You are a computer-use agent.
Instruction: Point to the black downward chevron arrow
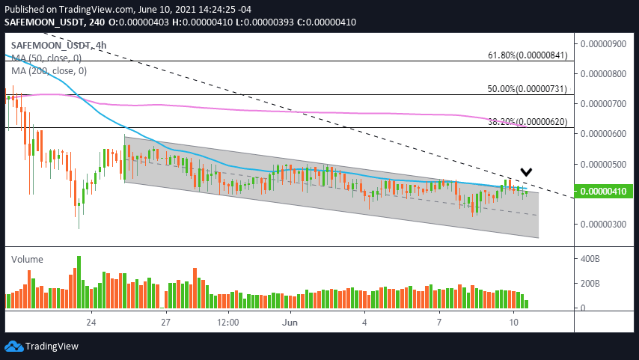[x=527, y=171]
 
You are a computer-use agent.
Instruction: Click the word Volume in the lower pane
[x=27, y=259]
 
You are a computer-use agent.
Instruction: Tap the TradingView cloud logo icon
[x=13, y=347]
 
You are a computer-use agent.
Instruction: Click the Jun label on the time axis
[x=290, y=323]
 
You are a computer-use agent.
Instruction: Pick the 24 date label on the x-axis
[x=91, y=323]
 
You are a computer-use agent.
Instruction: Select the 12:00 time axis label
[x=227, y=323]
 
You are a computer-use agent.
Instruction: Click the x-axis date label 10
[x=513, y=323]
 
